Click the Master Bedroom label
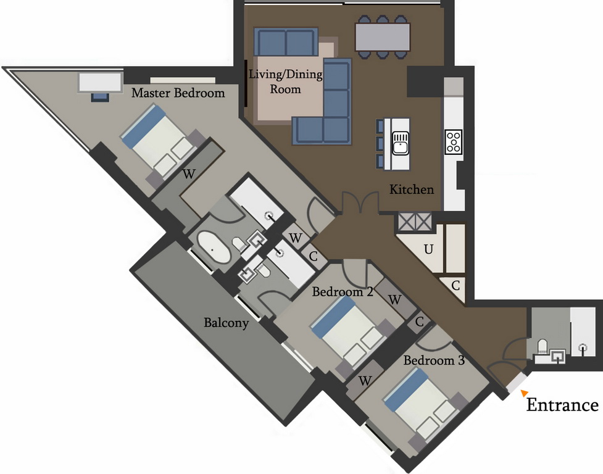pos(178,93)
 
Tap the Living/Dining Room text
pos(285,81)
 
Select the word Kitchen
pos(412,189)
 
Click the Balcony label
pos(226,322)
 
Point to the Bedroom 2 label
pos(343,292)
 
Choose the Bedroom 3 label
pos(434,360)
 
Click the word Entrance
pos(562,405)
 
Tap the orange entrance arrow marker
pos(525,393)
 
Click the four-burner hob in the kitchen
pos(454,142)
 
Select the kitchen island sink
pos(401,143)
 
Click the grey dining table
pos(383,37)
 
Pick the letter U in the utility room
pos(428,249)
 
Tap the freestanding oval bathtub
pos(214,248)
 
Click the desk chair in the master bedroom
pos(101,96)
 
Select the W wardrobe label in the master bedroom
pos(188,174)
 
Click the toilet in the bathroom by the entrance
pos(543,346)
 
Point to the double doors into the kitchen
pos(360,202)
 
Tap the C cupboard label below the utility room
pos(455,286)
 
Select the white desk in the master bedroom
pos(101,82)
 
